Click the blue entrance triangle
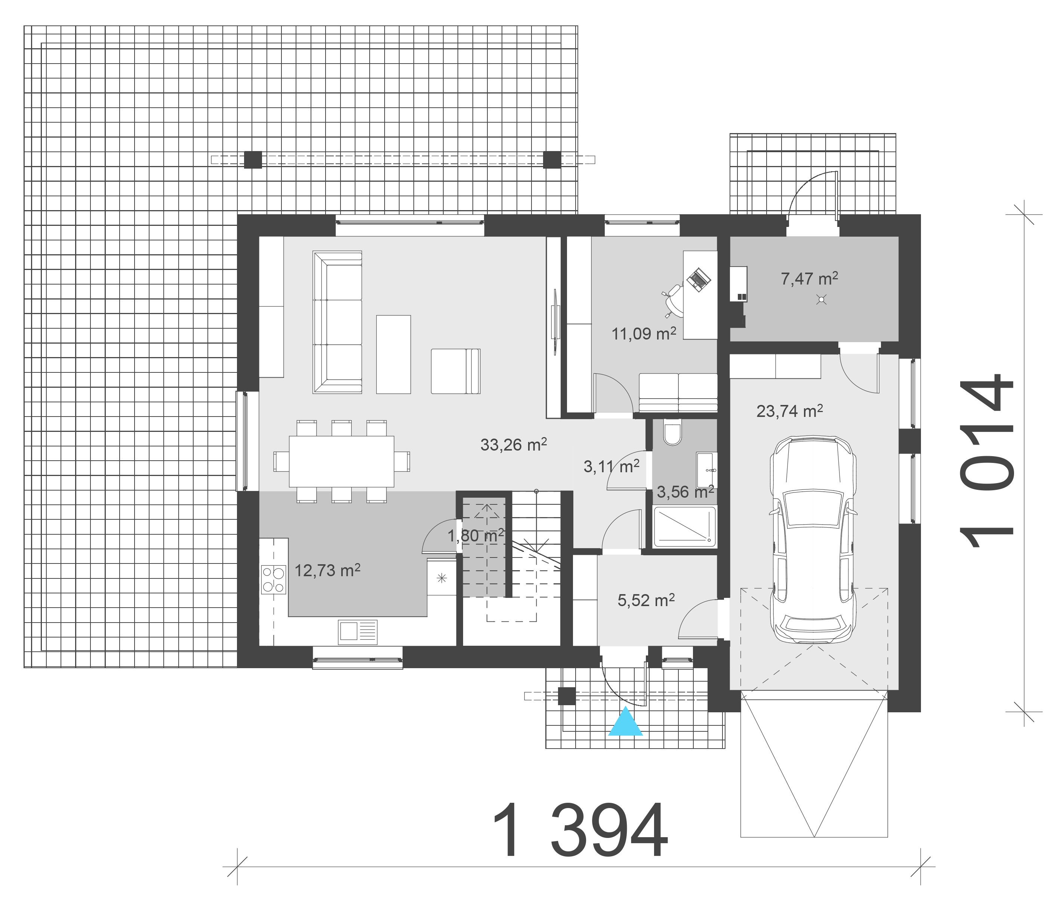tap(625, 722)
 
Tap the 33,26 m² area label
tap(514, 444)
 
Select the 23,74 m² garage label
tap(790, 411)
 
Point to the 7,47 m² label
tap(810, 279)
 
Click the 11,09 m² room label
tap(644, 334)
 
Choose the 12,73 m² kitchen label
tap(327, 570)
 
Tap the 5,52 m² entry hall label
tap(646, 600)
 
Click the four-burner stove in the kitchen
tap(274, 580)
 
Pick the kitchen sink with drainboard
tap(358, 632)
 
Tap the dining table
tap(341, 461)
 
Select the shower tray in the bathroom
tap(685, 526)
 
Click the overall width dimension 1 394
tap(579, 832)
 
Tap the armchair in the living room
tap(456, 371)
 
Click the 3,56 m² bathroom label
tap(685, 492)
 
